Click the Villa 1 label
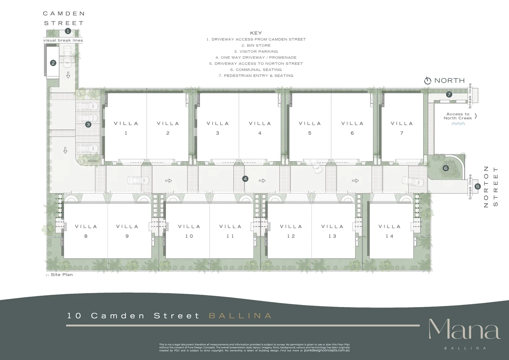point(126,128)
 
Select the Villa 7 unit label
point(402,128)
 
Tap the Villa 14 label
point(389,231)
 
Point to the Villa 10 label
point(189,231)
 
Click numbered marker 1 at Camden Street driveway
point(68,31)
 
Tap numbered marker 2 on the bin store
point(53,63)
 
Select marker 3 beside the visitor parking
point(88,125)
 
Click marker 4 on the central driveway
point(245,179)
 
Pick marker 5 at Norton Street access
point(477,186)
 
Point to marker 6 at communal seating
point(446,168)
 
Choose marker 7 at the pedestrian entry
point(449,94)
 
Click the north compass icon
point(428,81)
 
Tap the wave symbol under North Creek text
point(458,124)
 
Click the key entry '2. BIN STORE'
point(256,45)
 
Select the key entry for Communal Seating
point(256,70)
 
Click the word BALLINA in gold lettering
point(240,316)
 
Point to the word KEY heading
point(256,33)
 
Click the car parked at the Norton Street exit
point(413,181)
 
